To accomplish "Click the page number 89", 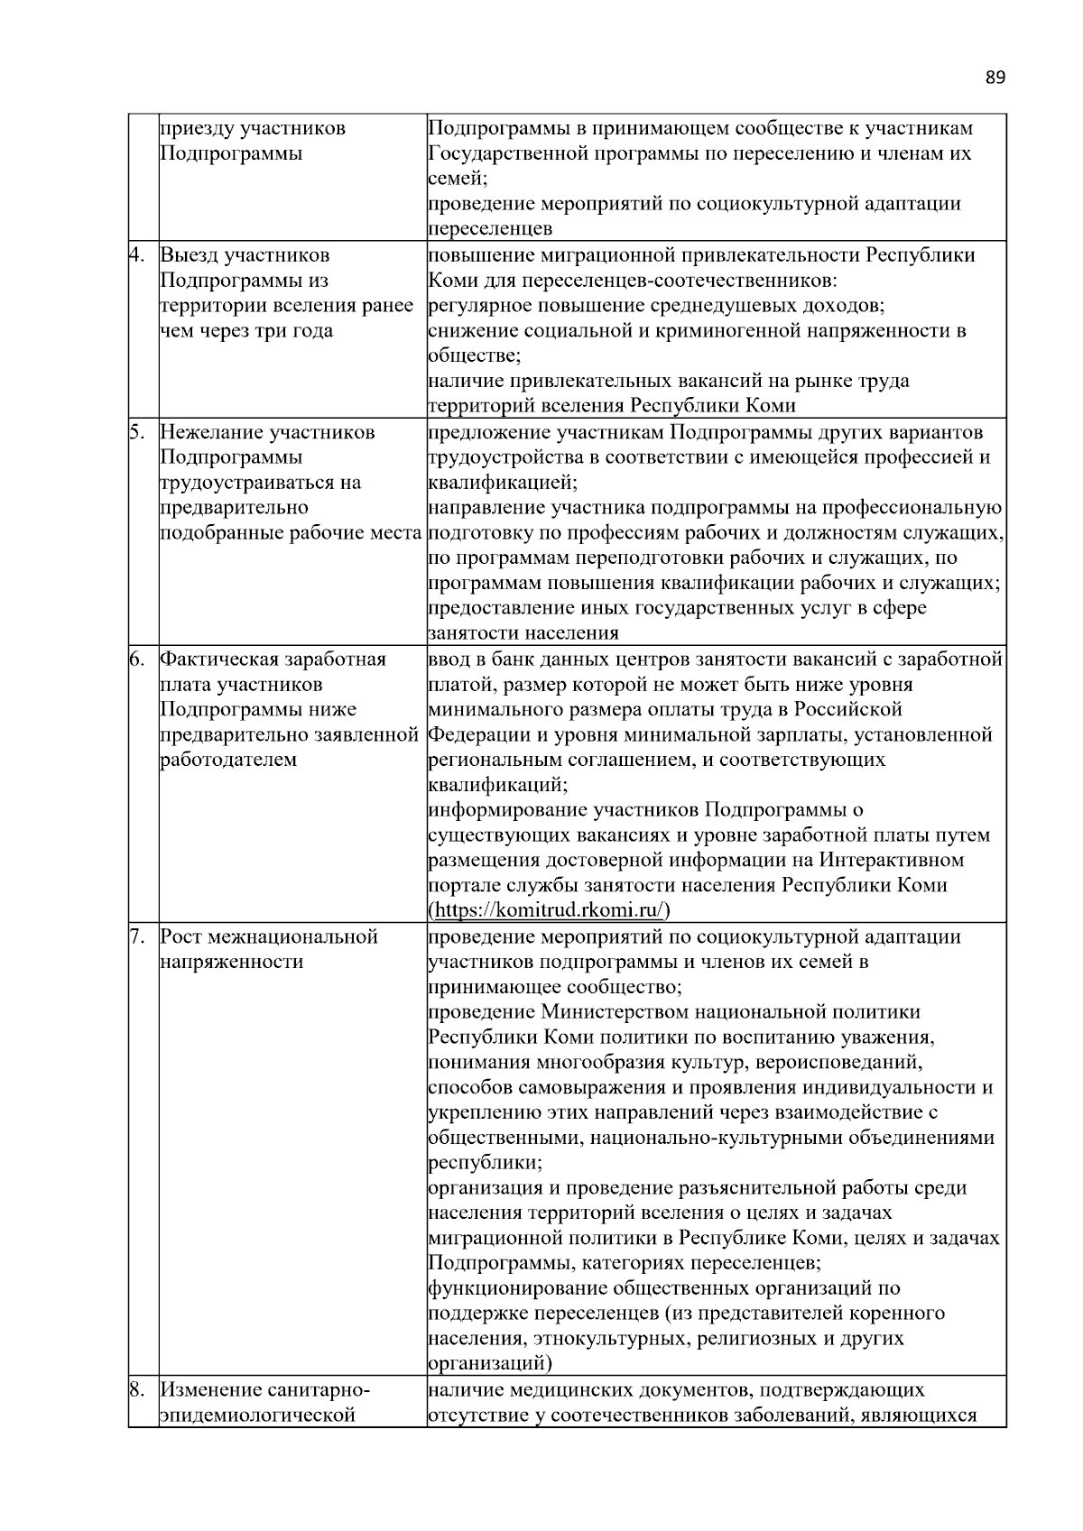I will coord(995,78).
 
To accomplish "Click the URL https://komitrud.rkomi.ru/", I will coord(550,909).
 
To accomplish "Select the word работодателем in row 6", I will coord(227,760).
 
